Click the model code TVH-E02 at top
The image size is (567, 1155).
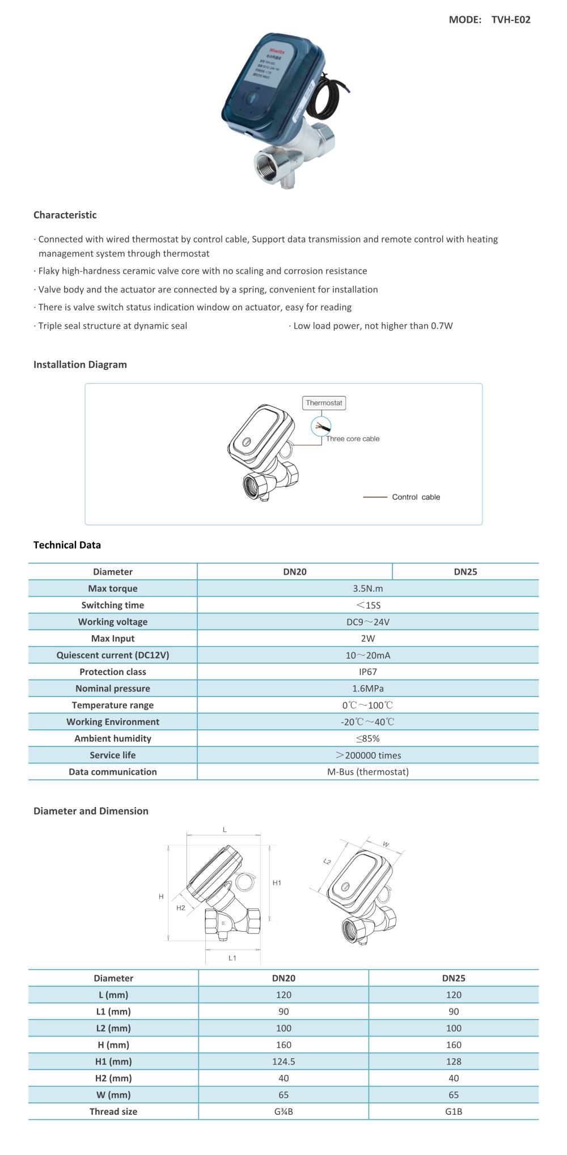click(x=510, y=20)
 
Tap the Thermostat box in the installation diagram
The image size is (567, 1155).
click(x=324, y=403)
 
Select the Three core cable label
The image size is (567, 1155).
click(x=353, y=439)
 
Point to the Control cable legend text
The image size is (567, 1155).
click(x=416, y=497)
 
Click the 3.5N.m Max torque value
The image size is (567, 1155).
click(x=367, y=588)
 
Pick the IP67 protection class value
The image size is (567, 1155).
click(x=367, y=672)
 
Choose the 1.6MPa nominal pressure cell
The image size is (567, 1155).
click(x=367, y=689)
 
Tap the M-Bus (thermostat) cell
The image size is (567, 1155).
click(x=367, y=772)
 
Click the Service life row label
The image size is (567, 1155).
click(x=112, y=755)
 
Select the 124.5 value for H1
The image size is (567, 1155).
click(x=283, y=1061)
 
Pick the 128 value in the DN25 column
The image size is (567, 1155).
click(x=454, y=1061)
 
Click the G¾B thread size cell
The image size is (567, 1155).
click(x=283, y=1111)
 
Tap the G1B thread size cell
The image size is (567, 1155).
click(x=454, y=1111)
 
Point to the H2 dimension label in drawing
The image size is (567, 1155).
click(x=180, y=908)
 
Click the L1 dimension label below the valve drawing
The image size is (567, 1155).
click(x=232, y=958)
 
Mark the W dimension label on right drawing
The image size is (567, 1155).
click(x=386, y=844)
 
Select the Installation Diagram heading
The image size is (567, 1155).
click(x=80, y=364)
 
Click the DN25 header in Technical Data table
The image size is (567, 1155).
click(x=465, y=572)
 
